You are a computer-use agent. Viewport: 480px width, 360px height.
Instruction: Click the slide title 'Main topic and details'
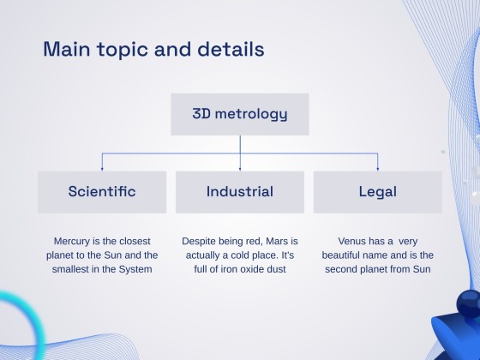point(153,48)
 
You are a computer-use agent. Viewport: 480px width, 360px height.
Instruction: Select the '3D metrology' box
point(239,114)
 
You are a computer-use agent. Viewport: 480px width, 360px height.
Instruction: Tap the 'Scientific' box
point(102,191)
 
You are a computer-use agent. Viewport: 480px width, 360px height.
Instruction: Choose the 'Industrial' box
point(239,191)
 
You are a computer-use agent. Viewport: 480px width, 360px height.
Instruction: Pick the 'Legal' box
point(377,191)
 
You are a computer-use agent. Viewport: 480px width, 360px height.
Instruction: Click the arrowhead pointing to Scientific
point(102,168)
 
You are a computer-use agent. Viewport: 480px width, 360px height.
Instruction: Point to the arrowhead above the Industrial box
point(240,168)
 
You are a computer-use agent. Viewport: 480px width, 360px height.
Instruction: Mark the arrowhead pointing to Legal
point(377,168)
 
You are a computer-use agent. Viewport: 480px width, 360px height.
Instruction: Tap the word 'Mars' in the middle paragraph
point(273,242)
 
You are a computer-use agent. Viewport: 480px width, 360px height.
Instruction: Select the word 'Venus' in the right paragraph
point(354,242)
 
